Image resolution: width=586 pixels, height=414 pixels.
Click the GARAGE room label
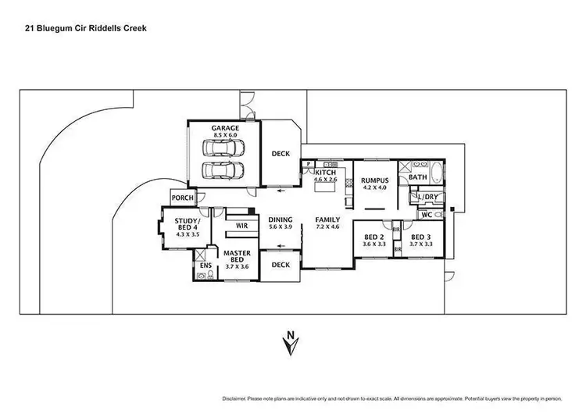(x=224, y=127)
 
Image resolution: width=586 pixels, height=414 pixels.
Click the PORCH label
(x=182, y=198)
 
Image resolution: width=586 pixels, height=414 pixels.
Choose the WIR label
(x=241, y=225)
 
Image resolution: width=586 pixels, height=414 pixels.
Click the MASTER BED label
(x=236, y=258)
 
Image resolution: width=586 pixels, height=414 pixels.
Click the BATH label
(x=418, y=177)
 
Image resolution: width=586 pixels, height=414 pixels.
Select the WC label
(x=427, y=215)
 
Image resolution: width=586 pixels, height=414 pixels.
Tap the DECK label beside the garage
(x=281, y=154)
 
